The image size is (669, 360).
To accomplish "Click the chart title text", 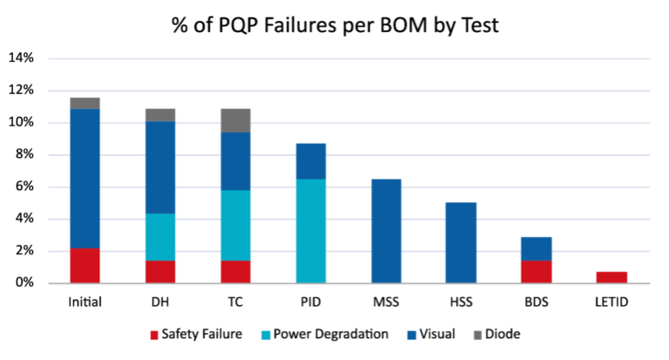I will tap(334, 26).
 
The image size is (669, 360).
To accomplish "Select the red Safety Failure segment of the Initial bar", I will tap(84, 266).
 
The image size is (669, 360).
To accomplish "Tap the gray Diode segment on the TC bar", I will tap(235, 120).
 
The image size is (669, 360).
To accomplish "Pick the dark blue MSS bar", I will tap(386, 231).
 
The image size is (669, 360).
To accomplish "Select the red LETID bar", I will tap(612, 277).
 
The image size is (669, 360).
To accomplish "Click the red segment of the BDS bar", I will tap(537, 272).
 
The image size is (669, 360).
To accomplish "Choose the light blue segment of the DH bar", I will tap(160, 237).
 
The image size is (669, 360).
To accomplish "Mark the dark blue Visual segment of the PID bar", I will tap(310, 161).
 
